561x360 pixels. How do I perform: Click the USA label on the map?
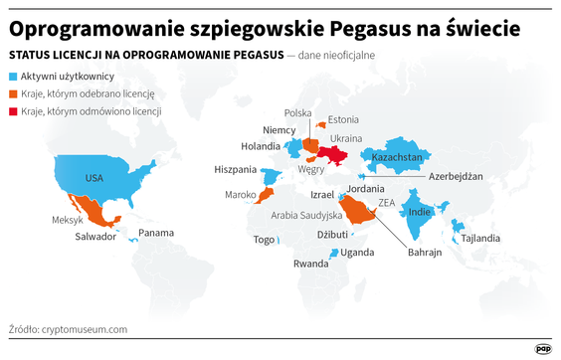[x=93, y=178]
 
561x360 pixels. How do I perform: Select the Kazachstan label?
[x=397, y=157]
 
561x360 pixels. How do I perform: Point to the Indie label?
[x=420, y=212]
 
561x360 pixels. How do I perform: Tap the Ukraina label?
[x=346, y=138]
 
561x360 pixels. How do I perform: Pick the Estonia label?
[x=343, y=119]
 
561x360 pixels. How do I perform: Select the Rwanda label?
[x=309, y=265]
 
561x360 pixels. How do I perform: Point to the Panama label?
[x=155, y=233]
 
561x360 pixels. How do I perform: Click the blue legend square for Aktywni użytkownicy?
[x=12, y=77]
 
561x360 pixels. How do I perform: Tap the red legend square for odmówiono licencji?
[x=12, y=111]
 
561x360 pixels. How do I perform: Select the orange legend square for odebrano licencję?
[x=12, y=93]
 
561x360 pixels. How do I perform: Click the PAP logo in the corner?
[x=543, y=348]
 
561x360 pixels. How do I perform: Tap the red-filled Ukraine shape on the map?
[x=336, y=156]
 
